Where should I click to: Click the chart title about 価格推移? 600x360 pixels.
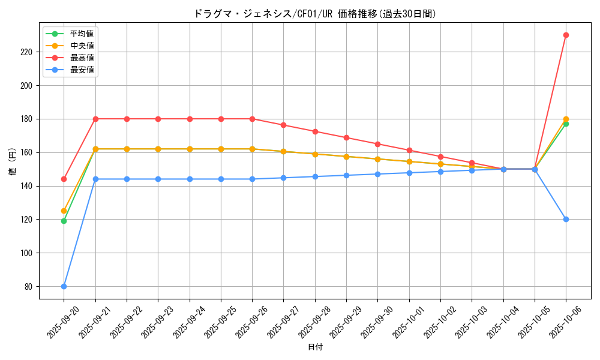[315, 14]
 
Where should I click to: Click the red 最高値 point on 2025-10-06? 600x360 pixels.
[566, 35]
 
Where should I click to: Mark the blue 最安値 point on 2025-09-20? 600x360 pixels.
[64, 286]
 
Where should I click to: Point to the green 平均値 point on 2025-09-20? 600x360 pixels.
[64, 221]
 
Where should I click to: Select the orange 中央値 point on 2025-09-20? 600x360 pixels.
[64, 211]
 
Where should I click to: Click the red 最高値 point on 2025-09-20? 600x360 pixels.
[64, 179]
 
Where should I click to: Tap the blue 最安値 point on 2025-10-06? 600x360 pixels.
[566, 219]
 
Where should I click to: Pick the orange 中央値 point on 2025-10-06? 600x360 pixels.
[566, 119]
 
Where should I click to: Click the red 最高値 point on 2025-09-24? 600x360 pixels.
[190, 119]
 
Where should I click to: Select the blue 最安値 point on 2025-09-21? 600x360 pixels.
[95, 179]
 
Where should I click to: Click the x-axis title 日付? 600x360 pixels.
[315, 347]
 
